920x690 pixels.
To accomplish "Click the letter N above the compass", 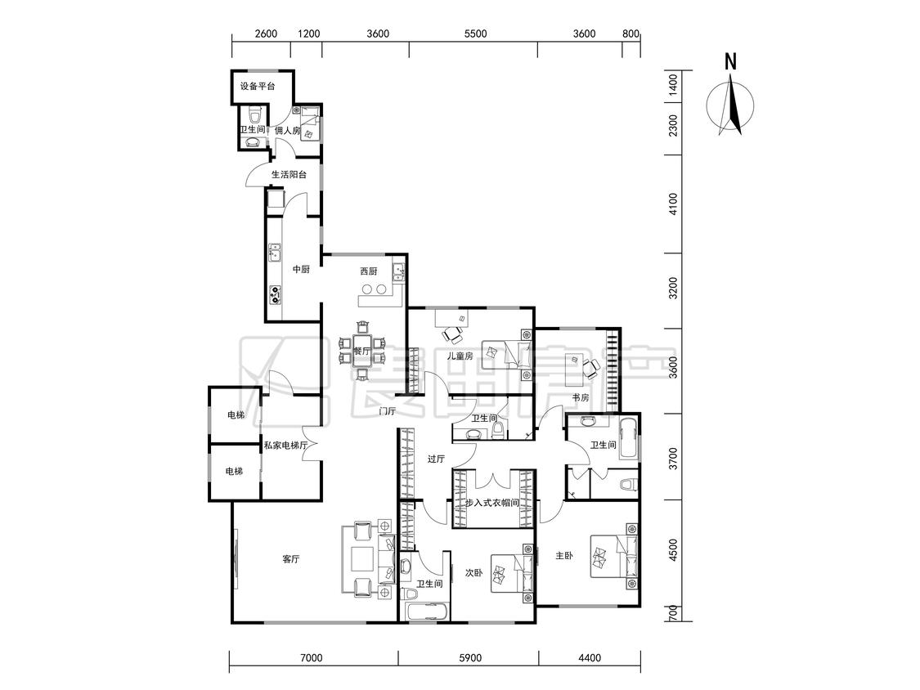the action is tap(730, 61).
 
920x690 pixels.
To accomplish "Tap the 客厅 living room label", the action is tap(291, 559).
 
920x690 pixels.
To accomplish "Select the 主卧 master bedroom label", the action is tap(563, 555).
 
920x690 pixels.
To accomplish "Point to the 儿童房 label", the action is tap(460, 356).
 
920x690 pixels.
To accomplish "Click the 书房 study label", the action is tap(581, 397).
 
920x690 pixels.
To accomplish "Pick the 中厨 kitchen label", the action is tap(301, 269).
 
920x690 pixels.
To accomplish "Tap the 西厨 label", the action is tap(369, 271).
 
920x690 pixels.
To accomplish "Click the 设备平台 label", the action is tap(258, 87).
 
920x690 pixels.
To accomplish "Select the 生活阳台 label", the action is tap(289, 174).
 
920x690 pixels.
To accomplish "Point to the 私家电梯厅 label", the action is tap(285, 446).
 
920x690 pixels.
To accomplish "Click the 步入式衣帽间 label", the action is tap(492, 503).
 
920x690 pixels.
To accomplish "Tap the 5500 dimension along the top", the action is tap(475, 34).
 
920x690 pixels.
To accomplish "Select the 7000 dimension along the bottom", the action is tap(311, 658).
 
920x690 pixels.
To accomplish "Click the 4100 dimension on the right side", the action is tap(673, 204).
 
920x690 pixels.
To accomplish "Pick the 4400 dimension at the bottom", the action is tap(589, 658).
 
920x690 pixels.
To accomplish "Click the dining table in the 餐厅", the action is tap(362, 350).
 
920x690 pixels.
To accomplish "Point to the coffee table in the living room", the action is tap(362, 559).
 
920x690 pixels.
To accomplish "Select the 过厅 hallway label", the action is tap(436, 459).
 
